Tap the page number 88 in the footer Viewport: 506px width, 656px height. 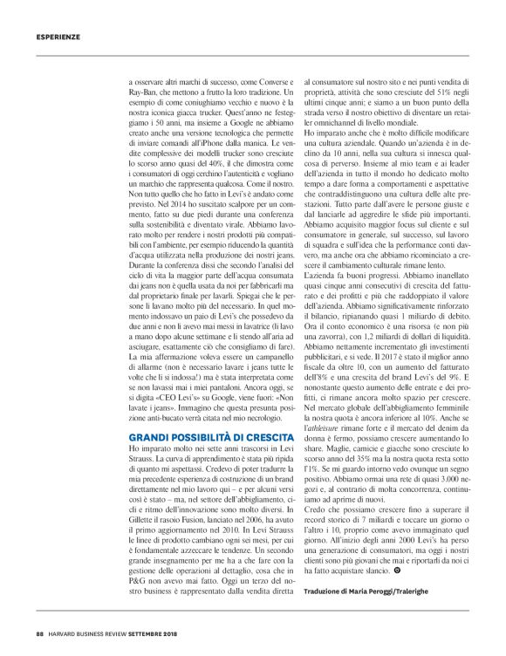click(x=40, y=634)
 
